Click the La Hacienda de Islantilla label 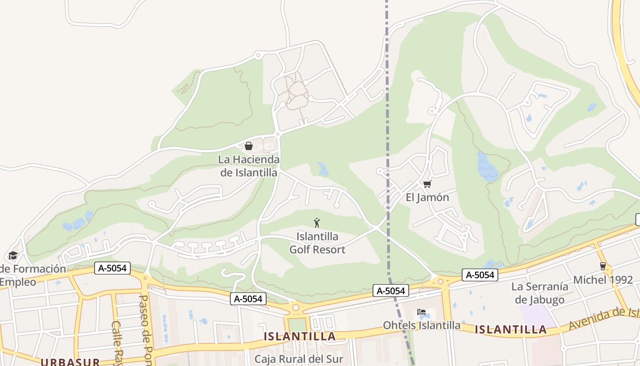(249, 166)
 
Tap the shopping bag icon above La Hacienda (249, 146)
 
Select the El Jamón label (427, 198)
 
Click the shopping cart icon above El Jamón (427, 184)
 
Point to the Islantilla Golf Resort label (317, 243)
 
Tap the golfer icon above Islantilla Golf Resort (317, 223)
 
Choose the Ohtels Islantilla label (421, 325)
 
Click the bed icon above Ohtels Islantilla (421, 312)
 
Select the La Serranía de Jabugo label (539, 293)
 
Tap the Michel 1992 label (603, 280)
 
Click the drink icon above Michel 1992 (603, 266)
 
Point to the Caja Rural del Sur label (299, 359)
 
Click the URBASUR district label (70, 362)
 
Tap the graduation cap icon (13, 255)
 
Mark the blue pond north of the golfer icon (323, 170)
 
